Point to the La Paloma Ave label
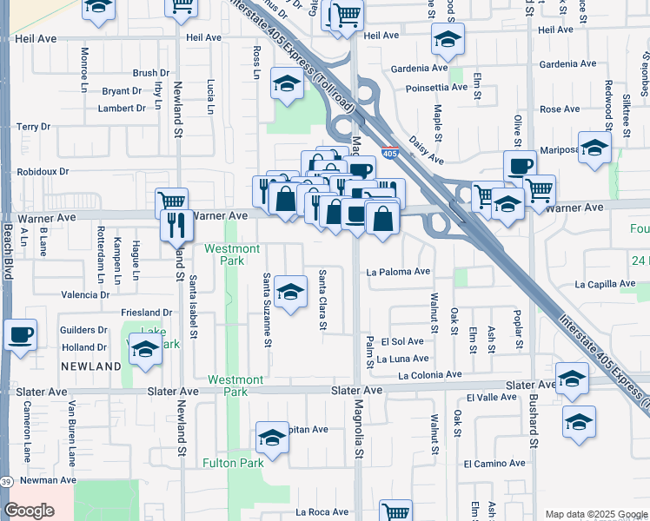[x=398, y=271]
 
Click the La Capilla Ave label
[x=605, y=284]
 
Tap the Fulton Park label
[x=233, y=463]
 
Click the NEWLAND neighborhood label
[x=90, y=367]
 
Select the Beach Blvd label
[x=8, y=248]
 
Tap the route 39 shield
[x=7, y=482]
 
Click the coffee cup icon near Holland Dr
[x=20, y=333]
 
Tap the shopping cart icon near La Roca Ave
[x=395, y=511]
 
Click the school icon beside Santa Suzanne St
[x=291, y=289]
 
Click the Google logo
[x=30, y=511]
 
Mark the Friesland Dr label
[x=146, y=313]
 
